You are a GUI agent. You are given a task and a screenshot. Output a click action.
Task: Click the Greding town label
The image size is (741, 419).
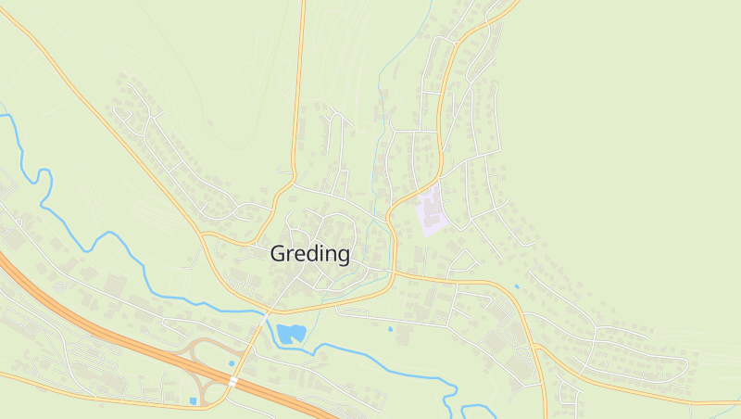coord(310,253)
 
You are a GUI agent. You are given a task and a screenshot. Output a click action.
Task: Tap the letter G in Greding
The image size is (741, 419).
coord(278,253)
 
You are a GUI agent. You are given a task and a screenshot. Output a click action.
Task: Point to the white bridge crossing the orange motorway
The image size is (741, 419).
coord(233,381)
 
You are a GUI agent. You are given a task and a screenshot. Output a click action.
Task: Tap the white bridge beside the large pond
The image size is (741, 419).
coord(266,316)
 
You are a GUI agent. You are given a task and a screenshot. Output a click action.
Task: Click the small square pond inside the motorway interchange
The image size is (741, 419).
coord(193,400)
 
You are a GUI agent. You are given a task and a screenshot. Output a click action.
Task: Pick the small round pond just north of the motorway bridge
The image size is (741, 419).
coord(232,362)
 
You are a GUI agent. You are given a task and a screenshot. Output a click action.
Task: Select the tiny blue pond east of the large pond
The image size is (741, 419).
coord(390,329)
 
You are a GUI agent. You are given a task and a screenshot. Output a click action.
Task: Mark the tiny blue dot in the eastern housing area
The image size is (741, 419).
coord(517,286)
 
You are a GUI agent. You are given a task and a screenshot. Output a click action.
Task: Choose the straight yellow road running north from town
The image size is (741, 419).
coord(300,83)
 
